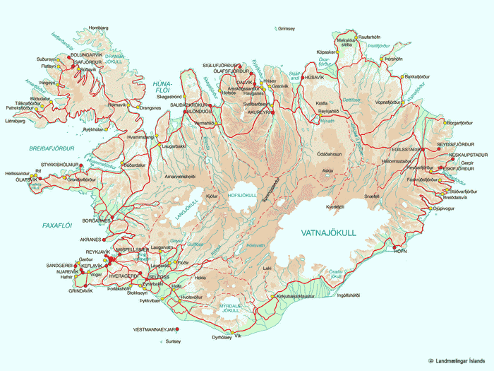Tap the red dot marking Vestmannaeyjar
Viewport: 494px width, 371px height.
pos(177,329)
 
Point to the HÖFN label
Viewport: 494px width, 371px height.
pos(401,251)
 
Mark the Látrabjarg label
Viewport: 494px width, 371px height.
pos(15,120)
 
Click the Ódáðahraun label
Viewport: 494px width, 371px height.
pos(330,153)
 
